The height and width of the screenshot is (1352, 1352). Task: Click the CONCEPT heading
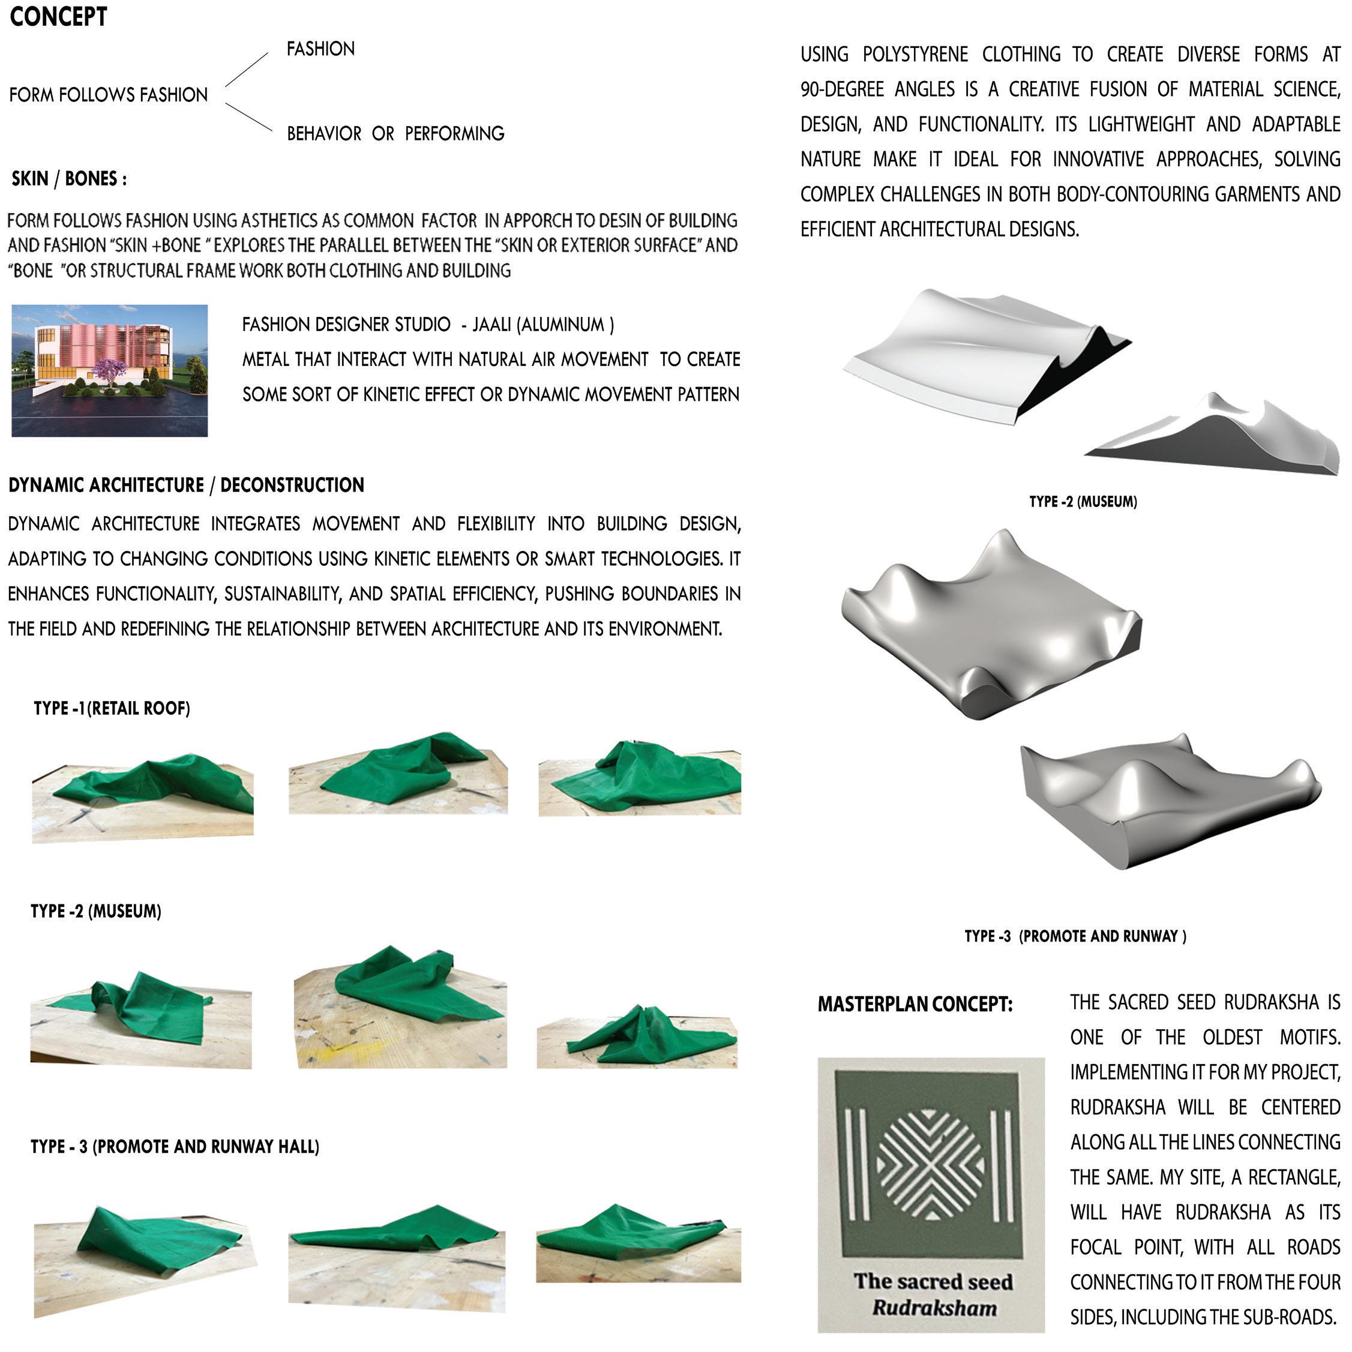[58, 17]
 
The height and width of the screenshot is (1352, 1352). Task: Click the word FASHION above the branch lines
[320, 49]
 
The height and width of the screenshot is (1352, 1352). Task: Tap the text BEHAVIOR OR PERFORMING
[395, 134]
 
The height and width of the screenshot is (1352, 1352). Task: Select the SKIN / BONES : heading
[68, 179]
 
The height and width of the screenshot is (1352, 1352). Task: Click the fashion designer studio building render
[109, 370]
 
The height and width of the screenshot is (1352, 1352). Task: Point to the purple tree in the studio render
[113, 370]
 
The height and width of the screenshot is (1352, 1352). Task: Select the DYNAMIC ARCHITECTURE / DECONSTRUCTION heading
[186, 485]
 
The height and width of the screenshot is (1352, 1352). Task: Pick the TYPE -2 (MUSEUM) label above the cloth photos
[96, 911]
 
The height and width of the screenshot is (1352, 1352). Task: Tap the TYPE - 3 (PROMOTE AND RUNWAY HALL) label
[175, 1146]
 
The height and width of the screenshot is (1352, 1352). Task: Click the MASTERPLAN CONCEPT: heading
[915, 1005]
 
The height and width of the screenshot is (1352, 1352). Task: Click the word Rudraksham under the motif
[934, 1308]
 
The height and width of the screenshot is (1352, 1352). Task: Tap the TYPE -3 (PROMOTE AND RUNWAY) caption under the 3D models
[1075, 936]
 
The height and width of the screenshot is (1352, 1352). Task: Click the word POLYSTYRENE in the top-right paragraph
[915, 55]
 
